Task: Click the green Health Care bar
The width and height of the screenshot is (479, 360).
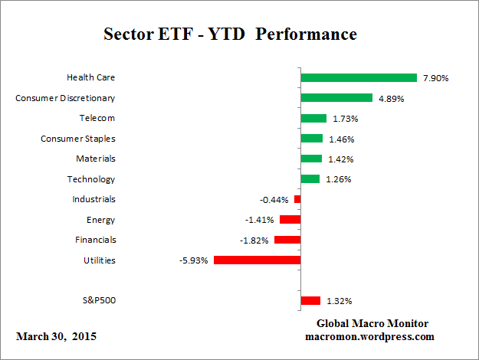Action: point(359,77)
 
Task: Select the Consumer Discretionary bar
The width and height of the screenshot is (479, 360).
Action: point(336,98)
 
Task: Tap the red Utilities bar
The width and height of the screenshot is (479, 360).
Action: point(257,260)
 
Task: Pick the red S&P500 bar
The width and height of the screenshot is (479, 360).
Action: point(310,300)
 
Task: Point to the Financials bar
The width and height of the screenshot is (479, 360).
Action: point(287,240)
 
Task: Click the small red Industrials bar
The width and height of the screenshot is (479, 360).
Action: point(297,199)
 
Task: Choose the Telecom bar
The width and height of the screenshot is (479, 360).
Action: point(313,118)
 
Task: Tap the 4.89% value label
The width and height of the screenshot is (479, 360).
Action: point(390,98)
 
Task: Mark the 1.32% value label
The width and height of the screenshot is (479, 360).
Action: point(338,300)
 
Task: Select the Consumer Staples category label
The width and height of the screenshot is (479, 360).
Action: point(77,139)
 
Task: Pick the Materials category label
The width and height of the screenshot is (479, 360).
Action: point(96,159)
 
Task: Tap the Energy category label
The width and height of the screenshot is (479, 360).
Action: point(101,220)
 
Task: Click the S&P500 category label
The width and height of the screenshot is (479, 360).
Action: point(98,300)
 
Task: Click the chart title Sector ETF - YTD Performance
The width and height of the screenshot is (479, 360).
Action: point(230,34)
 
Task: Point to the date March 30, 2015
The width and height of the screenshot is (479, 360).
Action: point(56,336)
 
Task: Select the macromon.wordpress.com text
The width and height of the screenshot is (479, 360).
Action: point(370,336)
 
